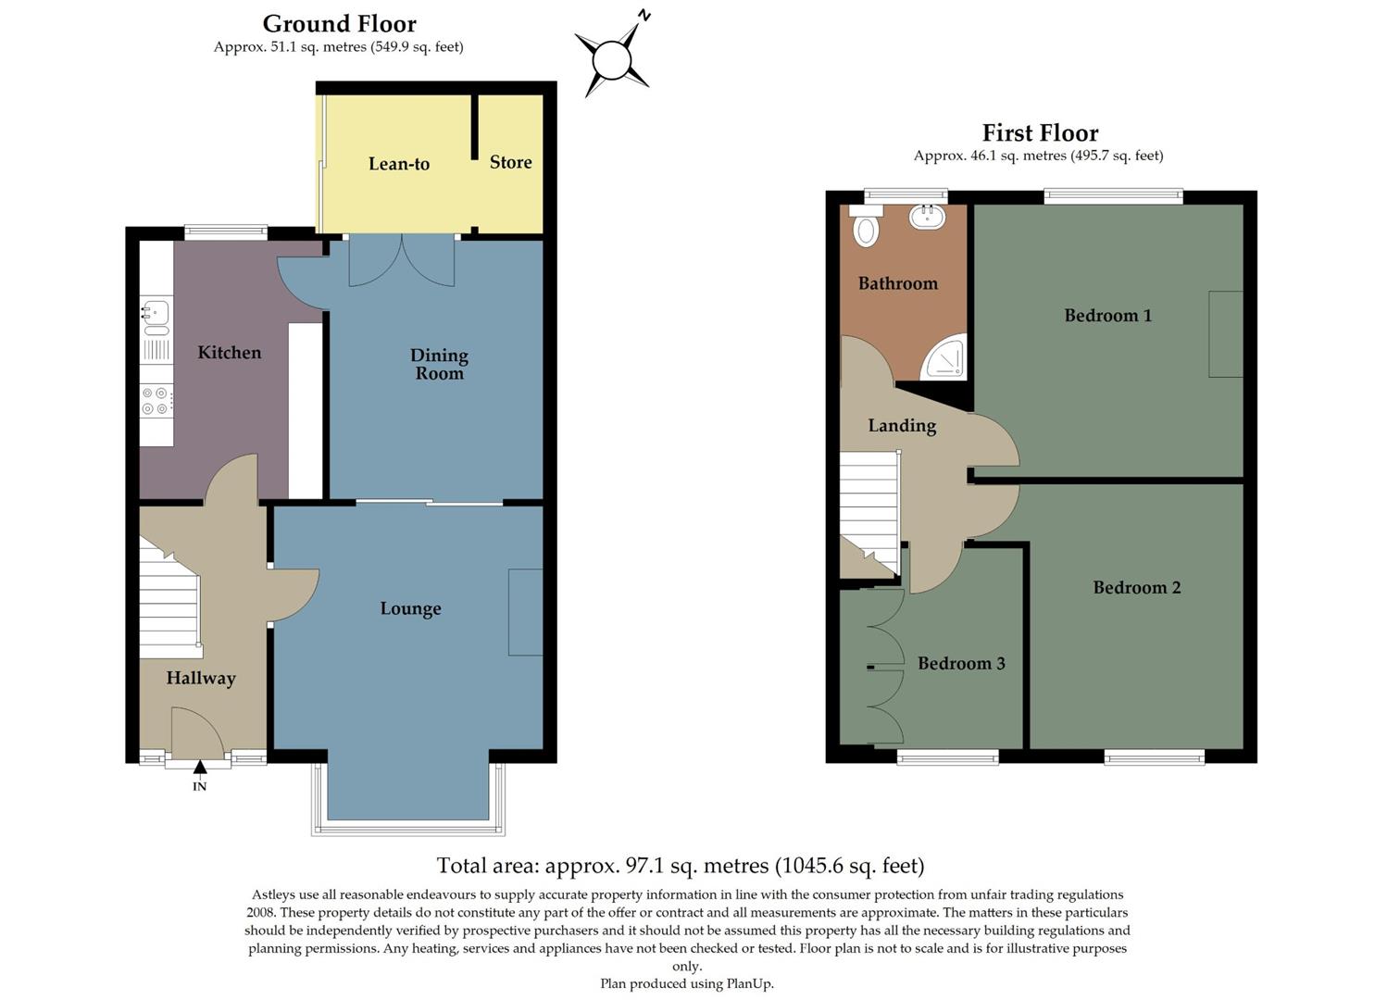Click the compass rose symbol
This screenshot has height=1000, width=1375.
(x=611, y=61)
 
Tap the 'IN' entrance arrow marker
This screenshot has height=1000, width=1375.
(x=200, y=768)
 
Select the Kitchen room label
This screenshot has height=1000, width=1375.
(x=229, y=353)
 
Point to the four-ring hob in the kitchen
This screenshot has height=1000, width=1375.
(x=156, y=400)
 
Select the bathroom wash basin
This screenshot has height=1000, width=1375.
(x=926, y=218)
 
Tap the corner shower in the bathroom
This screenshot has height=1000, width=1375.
(x=947, y=360)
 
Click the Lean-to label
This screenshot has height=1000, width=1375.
(x=398, y=164)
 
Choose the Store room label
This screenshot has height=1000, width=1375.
(x=510, y=162)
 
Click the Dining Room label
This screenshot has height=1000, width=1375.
(x=439, y=364)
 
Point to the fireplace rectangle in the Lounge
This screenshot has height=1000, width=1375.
(x=525, y=612)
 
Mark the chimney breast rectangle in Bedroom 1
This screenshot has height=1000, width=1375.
(x=1225, y=333)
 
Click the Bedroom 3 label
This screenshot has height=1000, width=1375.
(x=961, y=664)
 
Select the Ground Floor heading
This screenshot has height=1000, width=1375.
(x=339, y=24)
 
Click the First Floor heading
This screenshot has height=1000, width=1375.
(x=1040, y=133)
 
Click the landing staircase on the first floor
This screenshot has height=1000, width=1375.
(x=869, y=511)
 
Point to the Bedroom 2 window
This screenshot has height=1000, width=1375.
(x=1154, y=757)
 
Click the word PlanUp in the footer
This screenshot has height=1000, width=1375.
(x=747, y=983)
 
